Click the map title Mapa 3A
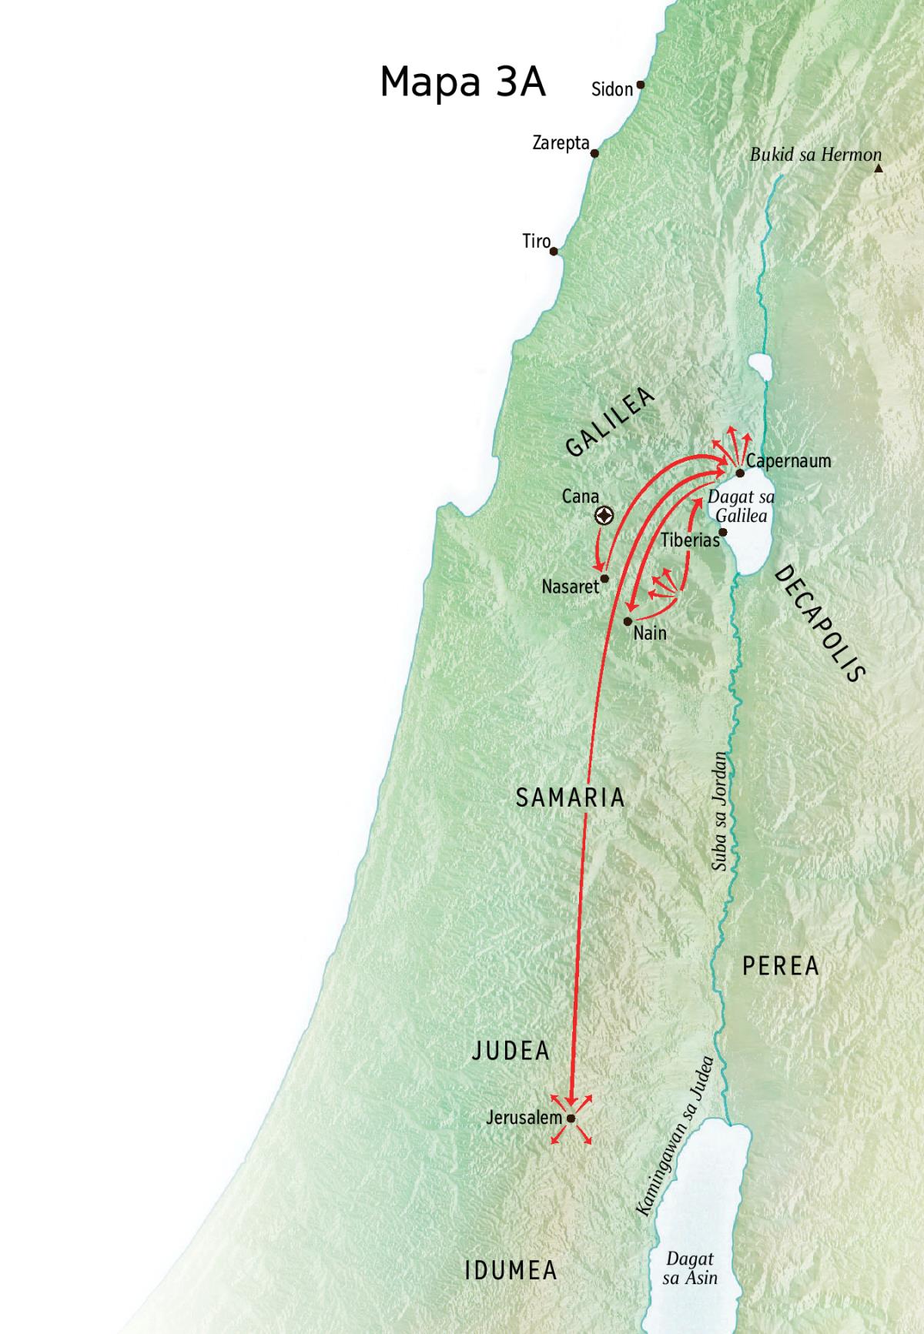pos(463,82)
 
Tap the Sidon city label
pos(611,89)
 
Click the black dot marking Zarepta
pos(594,153)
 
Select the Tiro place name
pos(536,242)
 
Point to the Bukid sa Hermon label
pos(815,155)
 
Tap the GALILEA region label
pos(609,422)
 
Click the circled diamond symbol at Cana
pos(604,517)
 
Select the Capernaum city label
pos(788,462)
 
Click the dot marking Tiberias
pos(722,532)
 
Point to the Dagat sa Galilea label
pos(741,507)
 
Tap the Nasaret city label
pos(570,587)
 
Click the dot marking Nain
pos(628,620)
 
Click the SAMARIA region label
pos(570,797)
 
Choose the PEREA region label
pos(780,966)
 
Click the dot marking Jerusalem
pos(571,1118)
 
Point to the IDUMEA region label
pos(511,1270)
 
